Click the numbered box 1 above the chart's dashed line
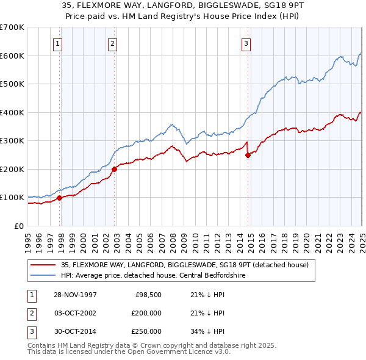click(x=57, y=43)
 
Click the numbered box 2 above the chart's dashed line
click(x=113, y=43)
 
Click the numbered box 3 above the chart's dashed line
click(x=245, y=43)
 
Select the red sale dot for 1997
click(x=60, y=198)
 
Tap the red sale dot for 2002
click(x=115, y=169)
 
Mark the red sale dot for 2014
click(x=248, y=155)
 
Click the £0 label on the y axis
click(x=19, y=226)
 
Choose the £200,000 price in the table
click(x=146, y=313)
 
